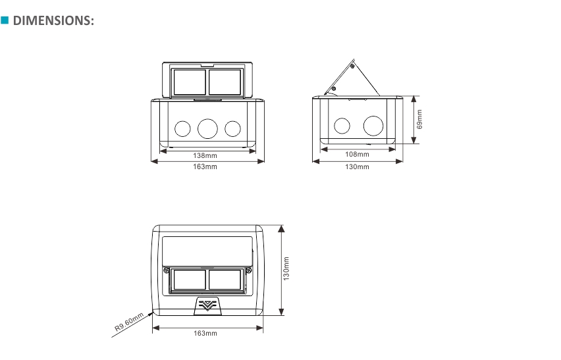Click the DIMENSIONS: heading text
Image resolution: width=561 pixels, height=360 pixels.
(x=53, y=21)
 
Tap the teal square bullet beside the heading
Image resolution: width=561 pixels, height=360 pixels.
(x=5, y=20)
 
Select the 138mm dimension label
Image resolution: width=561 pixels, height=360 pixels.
(x=205, y=155)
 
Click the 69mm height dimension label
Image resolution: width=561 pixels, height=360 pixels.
(x=419, y=119)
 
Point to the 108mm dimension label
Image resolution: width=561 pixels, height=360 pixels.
(x=357, y=155)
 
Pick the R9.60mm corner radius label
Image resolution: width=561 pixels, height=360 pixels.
(x=129, y=322)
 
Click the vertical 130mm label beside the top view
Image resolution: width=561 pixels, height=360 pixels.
(x=286, y=269)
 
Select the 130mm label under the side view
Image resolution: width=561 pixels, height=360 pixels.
(x=357, y=167)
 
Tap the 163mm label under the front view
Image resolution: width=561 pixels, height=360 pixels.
(x=205, y=167)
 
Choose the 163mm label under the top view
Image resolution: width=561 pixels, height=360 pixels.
(x=205, y=333)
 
